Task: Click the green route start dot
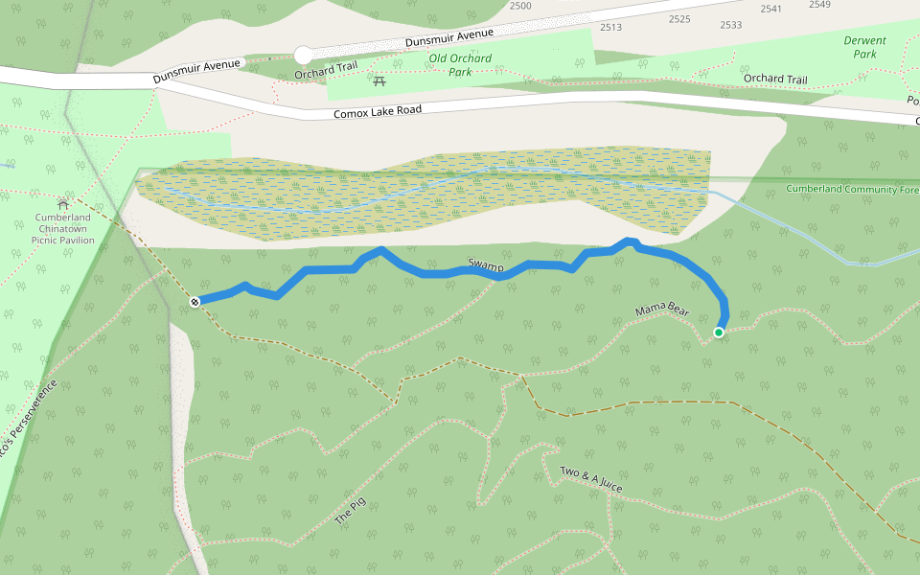tap(719, 333)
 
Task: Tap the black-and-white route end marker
tap(195, 302)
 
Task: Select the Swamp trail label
tap(486, 264)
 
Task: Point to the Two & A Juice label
tap(591, 480)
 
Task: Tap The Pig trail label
tap(350, 511)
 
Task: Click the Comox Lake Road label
tap(378, 112)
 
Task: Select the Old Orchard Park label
tap(461, 64)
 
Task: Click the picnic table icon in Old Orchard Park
tap(379, 81)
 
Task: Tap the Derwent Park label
tap(864, 47)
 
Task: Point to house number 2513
tap(610, 27)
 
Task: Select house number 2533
tap(730, 25)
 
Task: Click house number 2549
tap(819, 5)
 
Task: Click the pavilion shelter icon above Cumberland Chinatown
tap(63, 203)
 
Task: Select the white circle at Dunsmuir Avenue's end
tap(303, 55)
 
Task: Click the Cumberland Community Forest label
tap(851, 189)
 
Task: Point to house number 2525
tap(679, 19)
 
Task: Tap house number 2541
tap(770, 9)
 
